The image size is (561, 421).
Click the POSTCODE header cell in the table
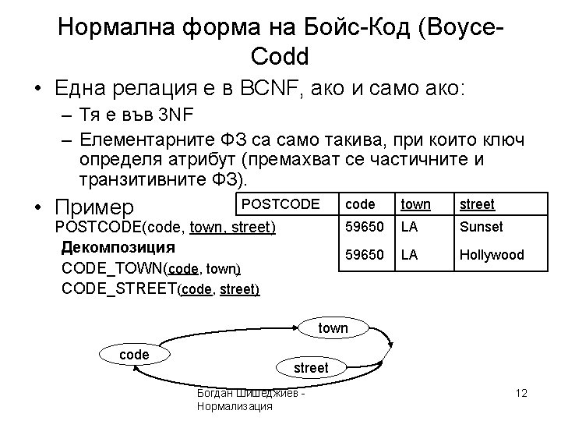[281, 204]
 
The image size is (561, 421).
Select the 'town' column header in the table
[415, 204]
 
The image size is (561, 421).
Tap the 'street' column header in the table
[477, 204]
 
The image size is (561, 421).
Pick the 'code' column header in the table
[360, 204]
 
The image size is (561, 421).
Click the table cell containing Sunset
[481, 228]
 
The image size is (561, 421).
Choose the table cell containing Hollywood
[491, 255]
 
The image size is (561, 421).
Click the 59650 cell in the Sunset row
[364, 228]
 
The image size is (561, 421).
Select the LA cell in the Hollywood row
[409, 255]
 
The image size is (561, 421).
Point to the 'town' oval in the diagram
[333, 328]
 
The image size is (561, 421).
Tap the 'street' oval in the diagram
[310, 367]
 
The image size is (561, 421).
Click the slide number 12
[521, 393]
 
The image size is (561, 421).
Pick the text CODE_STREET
[118, 288]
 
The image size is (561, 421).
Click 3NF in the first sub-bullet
[175, 117]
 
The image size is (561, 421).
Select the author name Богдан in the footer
[220, 393]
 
